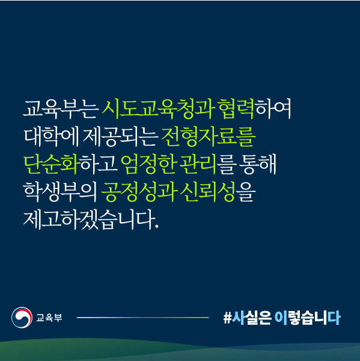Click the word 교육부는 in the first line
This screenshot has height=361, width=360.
tap(61, 109)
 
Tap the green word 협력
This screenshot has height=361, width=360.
tap(236, 109)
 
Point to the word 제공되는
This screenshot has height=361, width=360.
tap(120, 137)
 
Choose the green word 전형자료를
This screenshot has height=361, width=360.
tap(209, 137)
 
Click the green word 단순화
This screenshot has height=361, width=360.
tap(51, 164)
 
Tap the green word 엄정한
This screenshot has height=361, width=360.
tap(149, 164)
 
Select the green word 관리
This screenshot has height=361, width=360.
tap(198, 164)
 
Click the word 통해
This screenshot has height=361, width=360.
tap(257, 164)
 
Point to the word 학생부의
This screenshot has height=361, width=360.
tap(61, 191)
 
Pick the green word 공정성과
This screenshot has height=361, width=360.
tap(139, 191)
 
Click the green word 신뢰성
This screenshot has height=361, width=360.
tap(207, 191)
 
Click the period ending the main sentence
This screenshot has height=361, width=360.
tap(157, 226)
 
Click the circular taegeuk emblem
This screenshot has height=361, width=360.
tap(22, 318)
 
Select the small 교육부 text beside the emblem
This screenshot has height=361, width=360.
tap(49, 318)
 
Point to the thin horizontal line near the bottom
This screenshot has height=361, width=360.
tap(143, 318)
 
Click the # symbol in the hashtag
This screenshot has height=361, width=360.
tap(227, 318)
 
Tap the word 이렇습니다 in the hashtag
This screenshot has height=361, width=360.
tap(307, 318)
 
